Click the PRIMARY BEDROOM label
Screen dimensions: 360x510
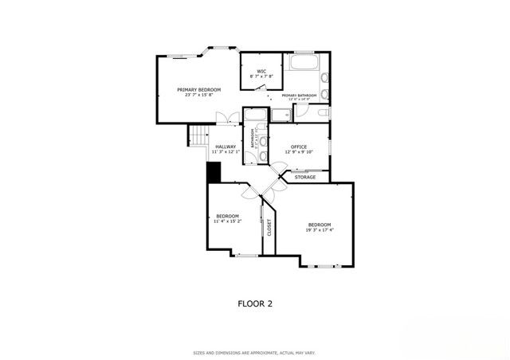(x=198, y=89)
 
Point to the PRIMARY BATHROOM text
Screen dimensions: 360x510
(x=299, y=96)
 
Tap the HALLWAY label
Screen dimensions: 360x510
(x=224, y=146)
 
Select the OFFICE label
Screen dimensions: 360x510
(x=299, y=147)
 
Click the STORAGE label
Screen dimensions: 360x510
(x=305, y=177)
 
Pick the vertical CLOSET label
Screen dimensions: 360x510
(x=269, y=228)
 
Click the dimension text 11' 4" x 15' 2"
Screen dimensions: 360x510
(x=228, y=221)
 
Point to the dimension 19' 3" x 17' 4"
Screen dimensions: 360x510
(x=320, y=230)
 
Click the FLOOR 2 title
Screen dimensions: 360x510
(x=256, y=303)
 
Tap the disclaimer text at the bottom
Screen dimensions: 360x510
(x=255, y=352)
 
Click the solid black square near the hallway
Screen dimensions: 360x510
(x=213, y=171)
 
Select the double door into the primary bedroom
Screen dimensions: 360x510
(x=229, y=119)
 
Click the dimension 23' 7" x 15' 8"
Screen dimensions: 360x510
(x=198, y=96)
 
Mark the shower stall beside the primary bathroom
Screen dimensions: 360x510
(x=280, y=115)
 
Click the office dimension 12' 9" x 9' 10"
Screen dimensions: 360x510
(x=299, y=152)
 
